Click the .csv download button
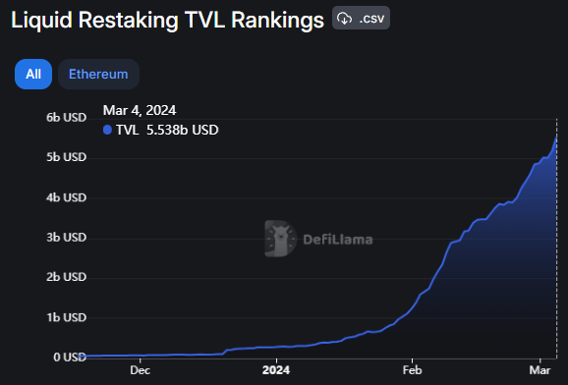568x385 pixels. tap(361, 18)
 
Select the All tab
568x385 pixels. tap(33, 74)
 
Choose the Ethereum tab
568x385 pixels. tap(98, 74)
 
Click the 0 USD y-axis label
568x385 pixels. tap(69, 357)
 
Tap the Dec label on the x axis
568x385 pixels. tap(140, 371)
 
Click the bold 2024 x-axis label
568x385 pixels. tap(276, 371)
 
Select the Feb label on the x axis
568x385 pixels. tap(412, 371)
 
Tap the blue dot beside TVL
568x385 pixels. tap(107, 129)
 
